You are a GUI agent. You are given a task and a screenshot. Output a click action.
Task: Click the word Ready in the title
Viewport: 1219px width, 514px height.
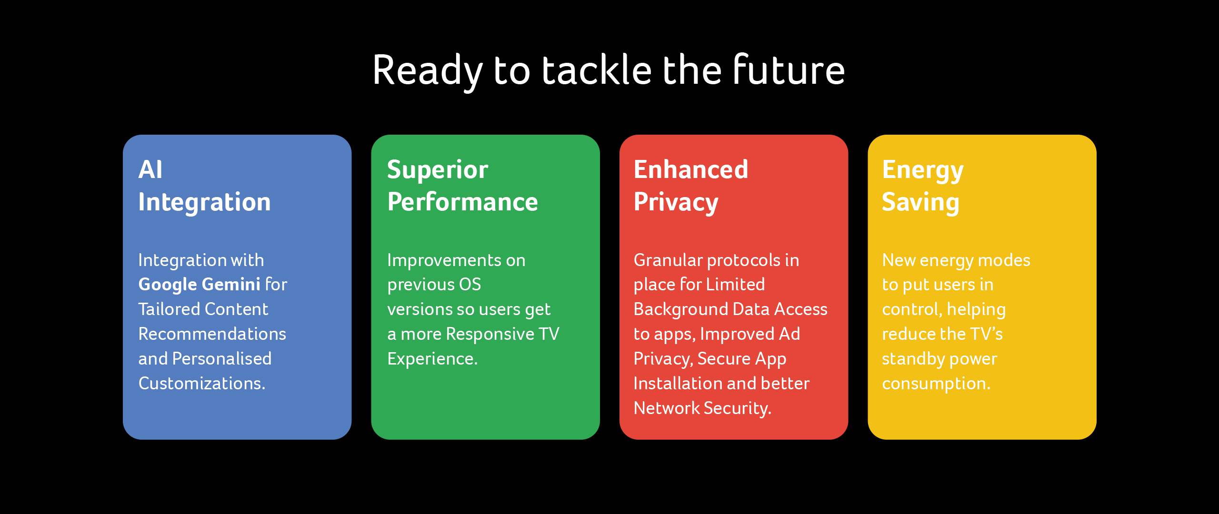click(x=428, y=72)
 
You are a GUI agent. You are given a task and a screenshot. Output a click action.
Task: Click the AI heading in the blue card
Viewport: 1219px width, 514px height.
click(x=150, y=169)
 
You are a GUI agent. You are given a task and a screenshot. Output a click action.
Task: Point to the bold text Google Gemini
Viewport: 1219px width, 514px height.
click(x=199, y=285)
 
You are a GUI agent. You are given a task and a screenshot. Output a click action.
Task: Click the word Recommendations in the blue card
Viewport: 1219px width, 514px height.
click(x=212, y=334)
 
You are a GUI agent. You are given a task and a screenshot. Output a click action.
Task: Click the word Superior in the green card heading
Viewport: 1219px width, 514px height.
click(x=438, y=170)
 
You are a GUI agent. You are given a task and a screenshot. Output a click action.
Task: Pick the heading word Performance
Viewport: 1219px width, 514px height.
click(x=462, y=202)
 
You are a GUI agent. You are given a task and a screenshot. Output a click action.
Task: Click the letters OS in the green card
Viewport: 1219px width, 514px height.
click(x=470, y=285)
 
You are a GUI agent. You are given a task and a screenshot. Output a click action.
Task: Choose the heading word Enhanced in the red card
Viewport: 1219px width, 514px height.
click(x=691, y=169)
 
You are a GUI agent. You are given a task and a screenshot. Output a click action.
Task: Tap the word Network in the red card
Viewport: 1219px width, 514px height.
click(x=667, y=408)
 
